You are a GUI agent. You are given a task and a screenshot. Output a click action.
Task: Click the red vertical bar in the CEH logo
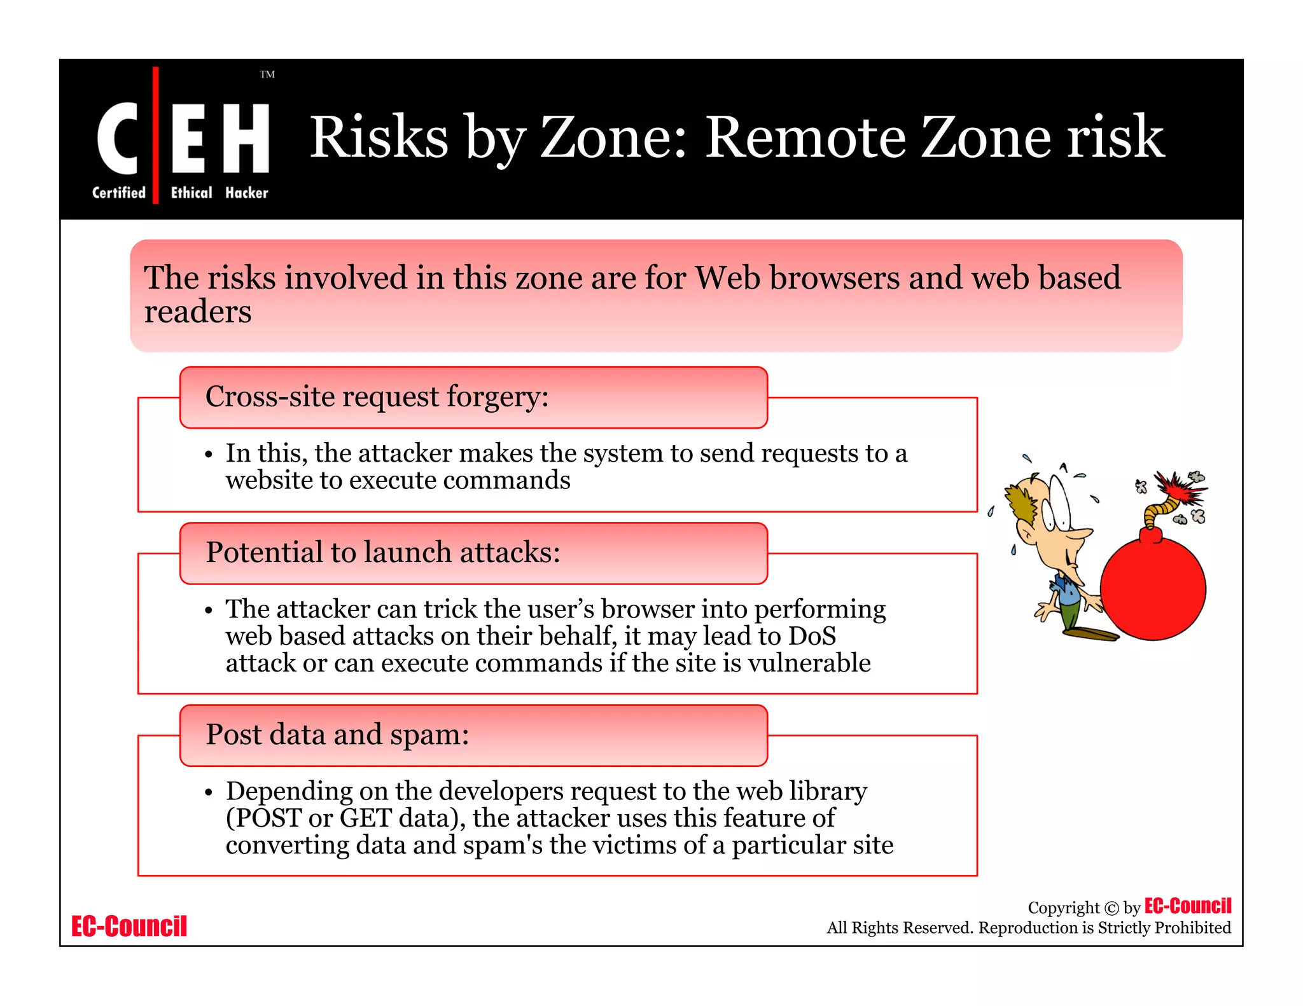click(x=155, y=135)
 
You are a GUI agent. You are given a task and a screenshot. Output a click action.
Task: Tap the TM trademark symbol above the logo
click(x=267, y=74)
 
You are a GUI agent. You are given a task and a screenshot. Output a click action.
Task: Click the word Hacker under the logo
click(x=246, y=193)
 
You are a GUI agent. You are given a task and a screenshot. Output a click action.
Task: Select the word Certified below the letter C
click(x=119, y=193)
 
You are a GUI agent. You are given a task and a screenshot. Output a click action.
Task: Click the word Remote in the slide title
click(x=805, y=137)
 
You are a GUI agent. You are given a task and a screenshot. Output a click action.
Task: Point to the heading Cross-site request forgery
click(x=377, y=397)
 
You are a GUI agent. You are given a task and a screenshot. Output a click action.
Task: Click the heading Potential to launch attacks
click(x=382, y=553)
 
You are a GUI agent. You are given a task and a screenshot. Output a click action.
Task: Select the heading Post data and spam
click(x=337, y=734)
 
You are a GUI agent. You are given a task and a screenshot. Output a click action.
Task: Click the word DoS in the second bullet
click(x=812, y=636)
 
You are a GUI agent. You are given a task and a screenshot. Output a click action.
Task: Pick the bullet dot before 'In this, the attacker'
click(x=208, y=455)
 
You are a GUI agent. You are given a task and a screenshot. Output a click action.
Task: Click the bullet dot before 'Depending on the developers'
click(x=208, y=792)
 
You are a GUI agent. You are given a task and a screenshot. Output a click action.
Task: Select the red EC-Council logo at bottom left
click(x=129, y=926)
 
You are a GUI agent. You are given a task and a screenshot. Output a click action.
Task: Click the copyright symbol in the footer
click(x=1111, y=908)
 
